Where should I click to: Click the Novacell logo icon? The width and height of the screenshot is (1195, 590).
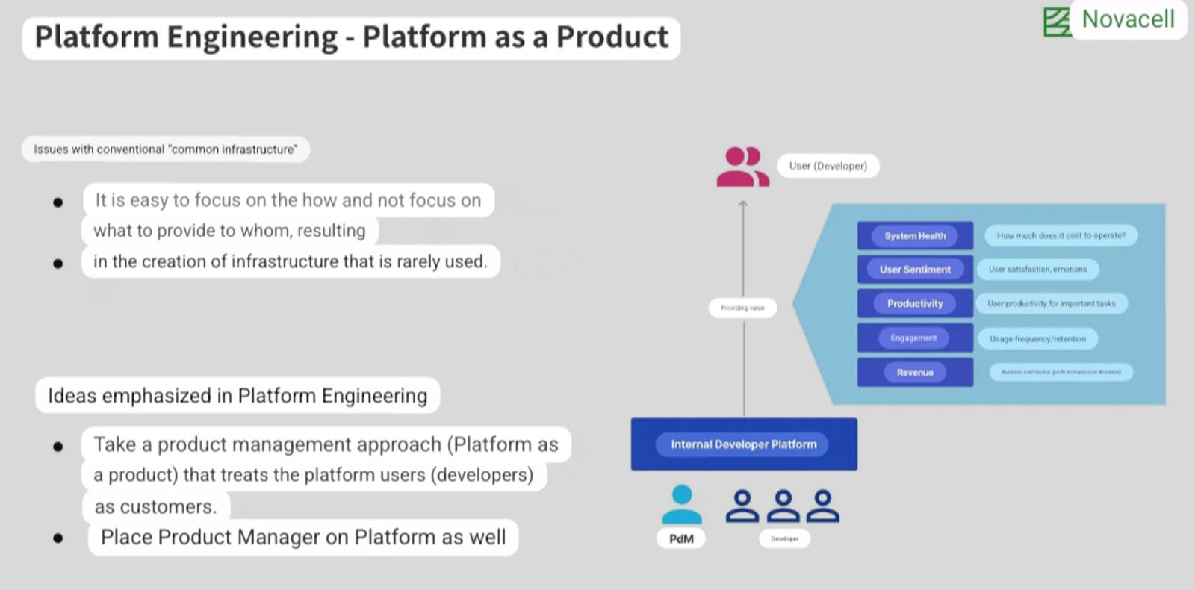click(x=1057, y=22)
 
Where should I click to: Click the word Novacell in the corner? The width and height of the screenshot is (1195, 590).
click(x=1128, y=19)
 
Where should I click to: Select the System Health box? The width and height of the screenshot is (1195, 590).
click(x=915, y=235)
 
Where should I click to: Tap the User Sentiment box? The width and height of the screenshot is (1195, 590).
click(x=915, y=270)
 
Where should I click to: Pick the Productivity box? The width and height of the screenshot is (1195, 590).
click(x=915, y=303)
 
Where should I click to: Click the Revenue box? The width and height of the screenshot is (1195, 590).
click(x=915, y=372)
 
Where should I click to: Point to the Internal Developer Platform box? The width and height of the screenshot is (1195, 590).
click(x=743, y=444)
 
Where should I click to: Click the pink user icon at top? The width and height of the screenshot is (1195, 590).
click(x=742, y=167)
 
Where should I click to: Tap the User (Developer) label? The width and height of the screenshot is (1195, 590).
click(x=828, y=166)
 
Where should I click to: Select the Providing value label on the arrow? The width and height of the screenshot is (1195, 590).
click(x=742, y=308)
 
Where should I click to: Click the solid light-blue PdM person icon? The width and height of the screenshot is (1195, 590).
click(x=681, y=506)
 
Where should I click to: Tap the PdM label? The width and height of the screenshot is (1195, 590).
click(x=681, y=538)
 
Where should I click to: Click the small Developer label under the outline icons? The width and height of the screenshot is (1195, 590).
click(x=784, y=538)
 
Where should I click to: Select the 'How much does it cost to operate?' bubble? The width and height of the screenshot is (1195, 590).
click(x=1061, y=235)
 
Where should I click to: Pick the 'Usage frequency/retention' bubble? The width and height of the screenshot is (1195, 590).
click(x=1037, y=338)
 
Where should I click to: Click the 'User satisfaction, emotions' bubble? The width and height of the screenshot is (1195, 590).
click(x=1037, y=269)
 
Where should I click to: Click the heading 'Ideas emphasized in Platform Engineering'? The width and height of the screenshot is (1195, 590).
click(x=238, y=396)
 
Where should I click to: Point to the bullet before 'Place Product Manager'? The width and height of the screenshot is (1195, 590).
click(x=58, y=538)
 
